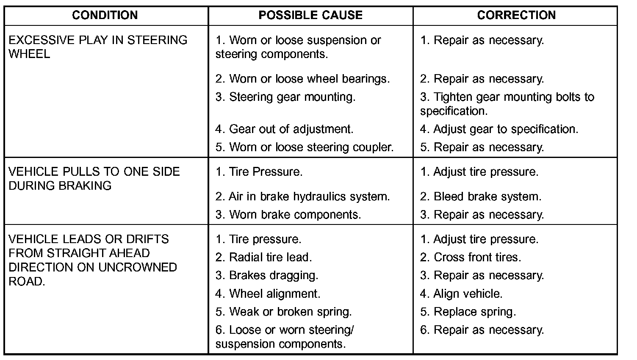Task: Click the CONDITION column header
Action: click(x=105, y=15)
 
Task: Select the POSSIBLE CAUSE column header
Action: click(x=310, y=15)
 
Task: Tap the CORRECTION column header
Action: click(x=516, y=15)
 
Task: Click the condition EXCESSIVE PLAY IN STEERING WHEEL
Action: click(x=97, y=47)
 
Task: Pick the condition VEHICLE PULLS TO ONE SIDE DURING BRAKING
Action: click(x=94, y=178)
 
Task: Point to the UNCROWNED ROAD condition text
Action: click(x=92, y=260)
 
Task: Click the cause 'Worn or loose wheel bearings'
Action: click(x=302, y=79)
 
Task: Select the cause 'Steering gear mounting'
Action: click(x=285, y=97)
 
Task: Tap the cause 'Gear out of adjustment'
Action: click(x=284, y=129)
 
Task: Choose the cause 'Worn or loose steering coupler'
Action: click(x=304, y=147)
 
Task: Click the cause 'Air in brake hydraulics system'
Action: click(x=302, y=197)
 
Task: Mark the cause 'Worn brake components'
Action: click(x=288, y=215)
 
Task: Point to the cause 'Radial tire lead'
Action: click(x=263, y=257)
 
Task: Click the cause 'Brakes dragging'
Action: click(x=266, y=275)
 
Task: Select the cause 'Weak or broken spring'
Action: click(x=283, y=312)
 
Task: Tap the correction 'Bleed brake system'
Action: click(x=481, y=197)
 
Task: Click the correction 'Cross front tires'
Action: click(x=471, y=257)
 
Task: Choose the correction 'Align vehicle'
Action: click(x=461, y=294)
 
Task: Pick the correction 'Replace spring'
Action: click(x=468, y=312)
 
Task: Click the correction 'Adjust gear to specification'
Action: click(x=499, y=129)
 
